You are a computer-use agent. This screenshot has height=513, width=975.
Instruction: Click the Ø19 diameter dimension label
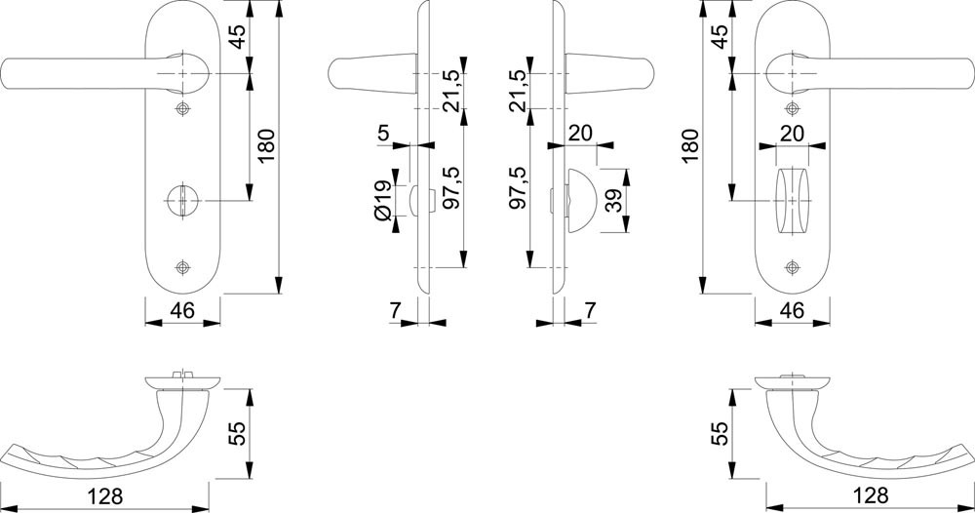click(383, 199)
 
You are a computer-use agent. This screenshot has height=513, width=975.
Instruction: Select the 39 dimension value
click(614, 202)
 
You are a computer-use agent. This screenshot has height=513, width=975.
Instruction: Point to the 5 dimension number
click(383, 133)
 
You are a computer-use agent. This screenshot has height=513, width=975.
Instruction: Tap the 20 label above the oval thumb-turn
click(792, 133)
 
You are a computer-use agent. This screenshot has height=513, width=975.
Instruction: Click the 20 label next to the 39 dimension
click(580, 133)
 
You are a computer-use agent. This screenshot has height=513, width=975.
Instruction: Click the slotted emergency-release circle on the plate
click(182, 200)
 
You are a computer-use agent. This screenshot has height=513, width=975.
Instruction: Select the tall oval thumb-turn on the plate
click(792, 200)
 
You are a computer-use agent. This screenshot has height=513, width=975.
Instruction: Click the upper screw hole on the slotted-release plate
click(182, 107)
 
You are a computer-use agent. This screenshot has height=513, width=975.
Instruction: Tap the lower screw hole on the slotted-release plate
click(182, 267)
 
